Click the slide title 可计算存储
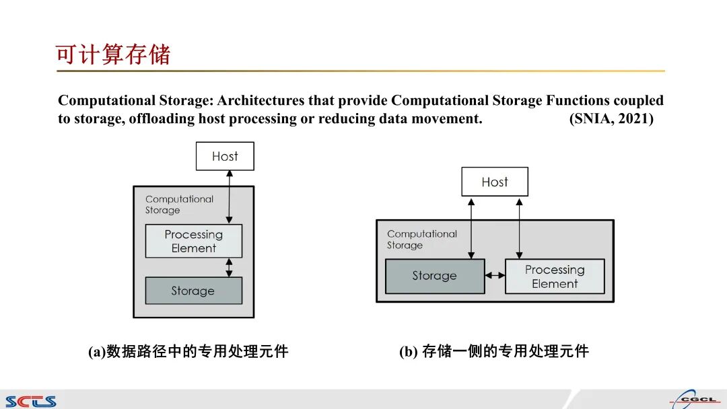click(x=113, y=54)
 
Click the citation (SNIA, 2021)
click(x=611, y=119)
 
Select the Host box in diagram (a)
click(x=225, y=156)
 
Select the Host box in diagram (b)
click(x=495, y=182)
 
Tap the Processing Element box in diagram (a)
click(x=194, y=241)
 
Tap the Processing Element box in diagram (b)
click(x=555, y=276)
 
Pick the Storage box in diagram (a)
click(x=193, y=291)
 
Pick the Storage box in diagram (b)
click(x=435, y=276)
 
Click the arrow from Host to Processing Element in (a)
click(x=230, y=196)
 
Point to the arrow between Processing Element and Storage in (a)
click(x=230, y=267)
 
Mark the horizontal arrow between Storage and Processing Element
click(x=495, y=275)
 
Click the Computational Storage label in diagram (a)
click(x=179, y=204)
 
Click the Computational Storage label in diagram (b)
click(x=421, y=239)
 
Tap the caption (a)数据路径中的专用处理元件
click(x=188, y=351)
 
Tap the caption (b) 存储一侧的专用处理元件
click(x=493, y=351)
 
